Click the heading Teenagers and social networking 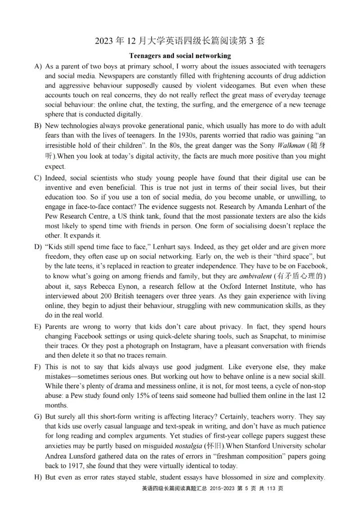(x=180, y=56)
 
